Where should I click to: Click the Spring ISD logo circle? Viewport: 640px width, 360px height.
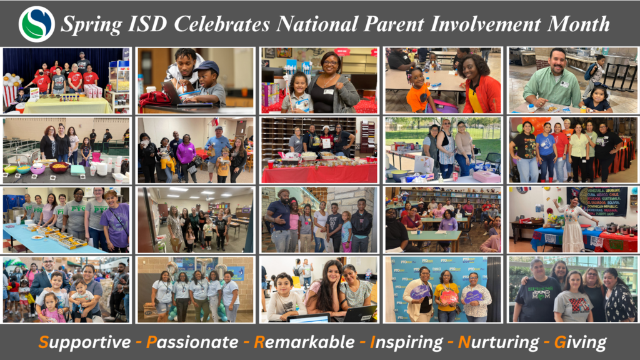coord(37,24)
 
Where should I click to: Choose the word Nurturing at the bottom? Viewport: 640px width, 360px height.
coord(497,342)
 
